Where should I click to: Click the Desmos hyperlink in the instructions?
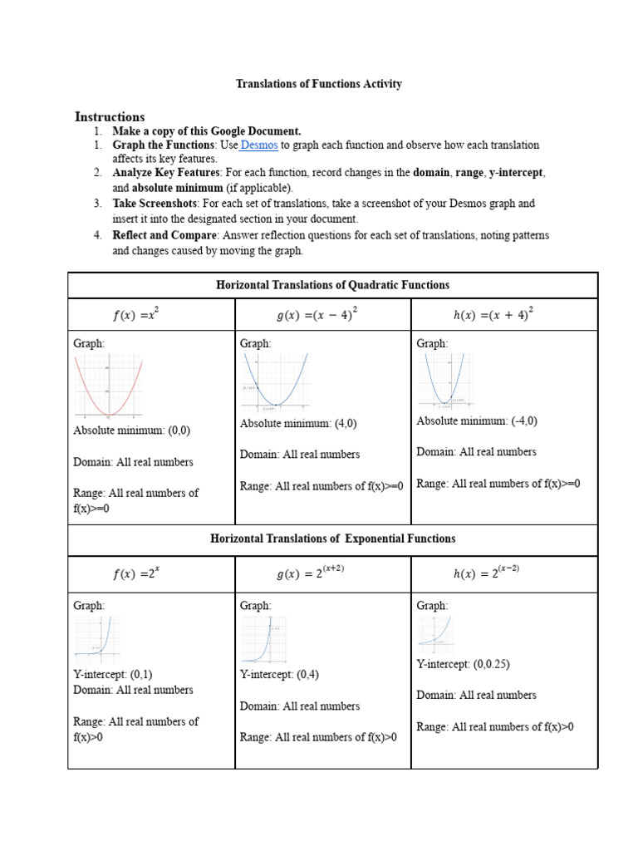[259, 145]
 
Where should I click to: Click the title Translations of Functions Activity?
[319, 84]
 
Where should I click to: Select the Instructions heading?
[110, 117]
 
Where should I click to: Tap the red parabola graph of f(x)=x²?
[109, 386]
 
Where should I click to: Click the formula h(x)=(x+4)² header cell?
[493, 315]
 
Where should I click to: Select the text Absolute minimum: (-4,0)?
[477, 421]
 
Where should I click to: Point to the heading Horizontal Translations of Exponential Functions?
[332, 539]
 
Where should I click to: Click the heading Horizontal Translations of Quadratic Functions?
[332, 285]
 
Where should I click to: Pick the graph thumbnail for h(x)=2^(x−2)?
[434, 631]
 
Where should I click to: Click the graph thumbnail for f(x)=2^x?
[98, 638]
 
